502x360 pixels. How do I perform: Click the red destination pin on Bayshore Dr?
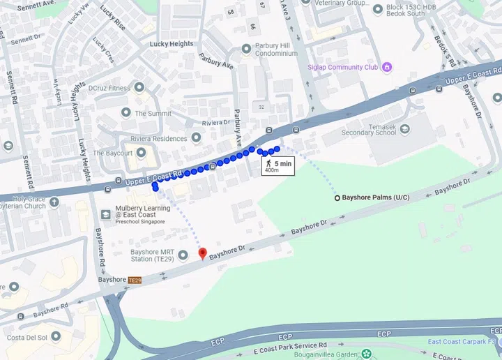click(202, 253)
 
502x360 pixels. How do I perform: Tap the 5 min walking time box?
click(277, 166)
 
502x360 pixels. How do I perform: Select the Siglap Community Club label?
click(343, 67)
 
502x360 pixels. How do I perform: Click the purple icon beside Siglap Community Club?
click(388, 67)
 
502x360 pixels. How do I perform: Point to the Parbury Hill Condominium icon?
click(245, 49)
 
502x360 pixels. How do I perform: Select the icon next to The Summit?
click(126, 112)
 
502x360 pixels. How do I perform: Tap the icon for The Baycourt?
click(141, 153)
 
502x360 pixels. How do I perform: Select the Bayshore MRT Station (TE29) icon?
click(183, 255)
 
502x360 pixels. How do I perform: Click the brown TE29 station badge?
click(135, 280)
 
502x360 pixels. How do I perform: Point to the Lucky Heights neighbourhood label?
click(172, 43)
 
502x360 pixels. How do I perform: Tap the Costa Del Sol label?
click(26, 338)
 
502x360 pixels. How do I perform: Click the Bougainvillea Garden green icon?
click(366, 354)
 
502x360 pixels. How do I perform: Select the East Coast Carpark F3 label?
click(461, 341)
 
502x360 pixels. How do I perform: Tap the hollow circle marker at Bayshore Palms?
click(337, 198)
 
